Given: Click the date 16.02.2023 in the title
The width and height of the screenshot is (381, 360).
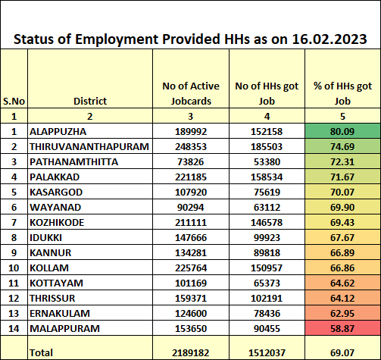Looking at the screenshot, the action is click(x=329, y=39).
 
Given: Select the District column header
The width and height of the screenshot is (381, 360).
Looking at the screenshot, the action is click(x=90, y=101).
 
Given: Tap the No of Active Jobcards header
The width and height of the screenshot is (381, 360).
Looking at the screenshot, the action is click(x=191, y=93).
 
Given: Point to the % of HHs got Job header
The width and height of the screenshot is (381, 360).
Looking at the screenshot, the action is click(x=342, y=93).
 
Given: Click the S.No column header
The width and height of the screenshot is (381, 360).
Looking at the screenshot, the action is click(x=14, y=101).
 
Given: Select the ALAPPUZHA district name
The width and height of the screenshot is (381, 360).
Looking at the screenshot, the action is click(x=58, y=132).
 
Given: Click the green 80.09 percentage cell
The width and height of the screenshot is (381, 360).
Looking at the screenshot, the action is click(x=342, y=131).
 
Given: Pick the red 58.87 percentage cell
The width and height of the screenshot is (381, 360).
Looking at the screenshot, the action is click(x=342, y=328).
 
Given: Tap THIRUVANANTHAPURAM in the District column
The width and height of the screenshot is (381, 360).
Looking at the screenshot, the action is click(x=89, y=147).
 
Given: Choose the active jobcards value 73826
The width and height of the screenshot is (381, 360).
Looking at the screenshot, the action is click(x=191, y=162).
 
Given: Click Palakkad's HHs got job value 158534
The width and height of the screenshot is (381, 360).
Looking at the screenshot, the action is click(x=267, y=177).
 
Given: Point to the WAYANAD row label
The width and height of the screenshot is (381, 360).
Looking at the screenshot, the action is click(x=55, y=208).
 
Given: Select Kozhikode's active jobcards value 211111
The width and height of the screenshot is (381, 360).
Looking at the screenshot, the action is click(x=191, y=223).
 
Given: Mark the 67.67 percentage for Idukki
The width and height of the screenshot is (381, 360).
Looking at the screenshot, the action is click(x=342, y=238).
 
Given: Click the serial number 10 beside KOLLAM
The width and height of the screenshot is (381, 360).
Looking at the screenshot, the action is click(x=14, y=268).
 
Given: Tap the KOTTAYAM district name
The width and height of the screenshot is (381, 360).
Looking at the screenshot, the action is click(x=56, y=283).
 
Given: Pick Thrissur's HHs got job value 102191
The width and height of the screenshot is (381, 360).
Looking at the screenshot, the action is click(x=267, y=299).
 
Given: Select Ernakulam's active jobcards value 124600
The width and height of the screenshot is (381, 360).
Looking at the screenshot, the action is click(x=191, y=314).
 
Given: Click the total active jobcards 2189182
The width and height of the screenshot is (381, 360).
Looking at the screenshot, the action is click(x=191, y=352).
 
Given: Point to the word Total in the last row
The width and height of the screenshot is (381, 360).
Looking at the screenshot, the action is click(x=41, y=352).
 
